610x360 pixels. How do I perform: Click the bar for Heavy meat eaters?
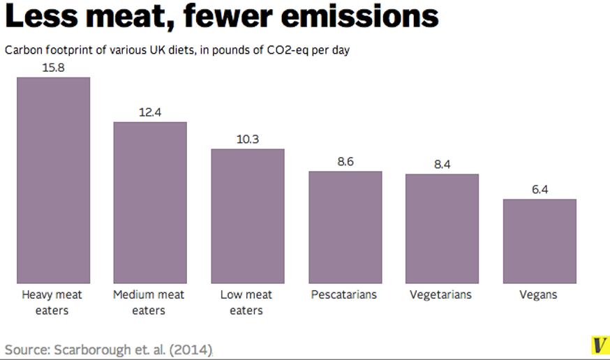53,179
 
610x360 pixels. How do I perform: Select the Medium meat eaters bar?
150,202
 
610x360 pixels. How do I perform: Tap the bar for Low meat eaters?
248,216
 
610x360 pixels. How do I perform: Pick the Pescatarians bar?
345,227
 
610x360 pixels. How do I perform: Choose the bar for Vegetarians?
442,228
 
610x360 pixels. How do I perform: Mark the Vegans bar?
540,241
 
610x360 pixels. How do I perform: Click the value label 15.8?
53,67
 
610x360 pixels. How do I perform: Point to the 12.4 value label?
150,112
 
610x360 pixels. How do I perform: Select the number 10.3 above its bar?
248,139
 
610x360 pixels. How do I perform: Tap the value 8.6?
345,161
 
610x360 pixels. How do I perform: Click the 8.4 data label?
442,164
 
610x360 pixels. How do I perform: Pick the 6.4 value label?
540,189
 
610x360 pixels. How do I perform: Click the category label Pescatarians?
344,294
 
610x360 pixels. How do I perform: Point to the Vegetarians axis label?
440,294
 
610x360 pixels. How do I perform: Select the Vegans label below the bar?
538,294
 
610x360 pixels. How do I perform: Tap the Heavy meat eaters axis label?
52,302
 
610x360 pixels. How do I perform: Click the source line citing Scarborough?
109,348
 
